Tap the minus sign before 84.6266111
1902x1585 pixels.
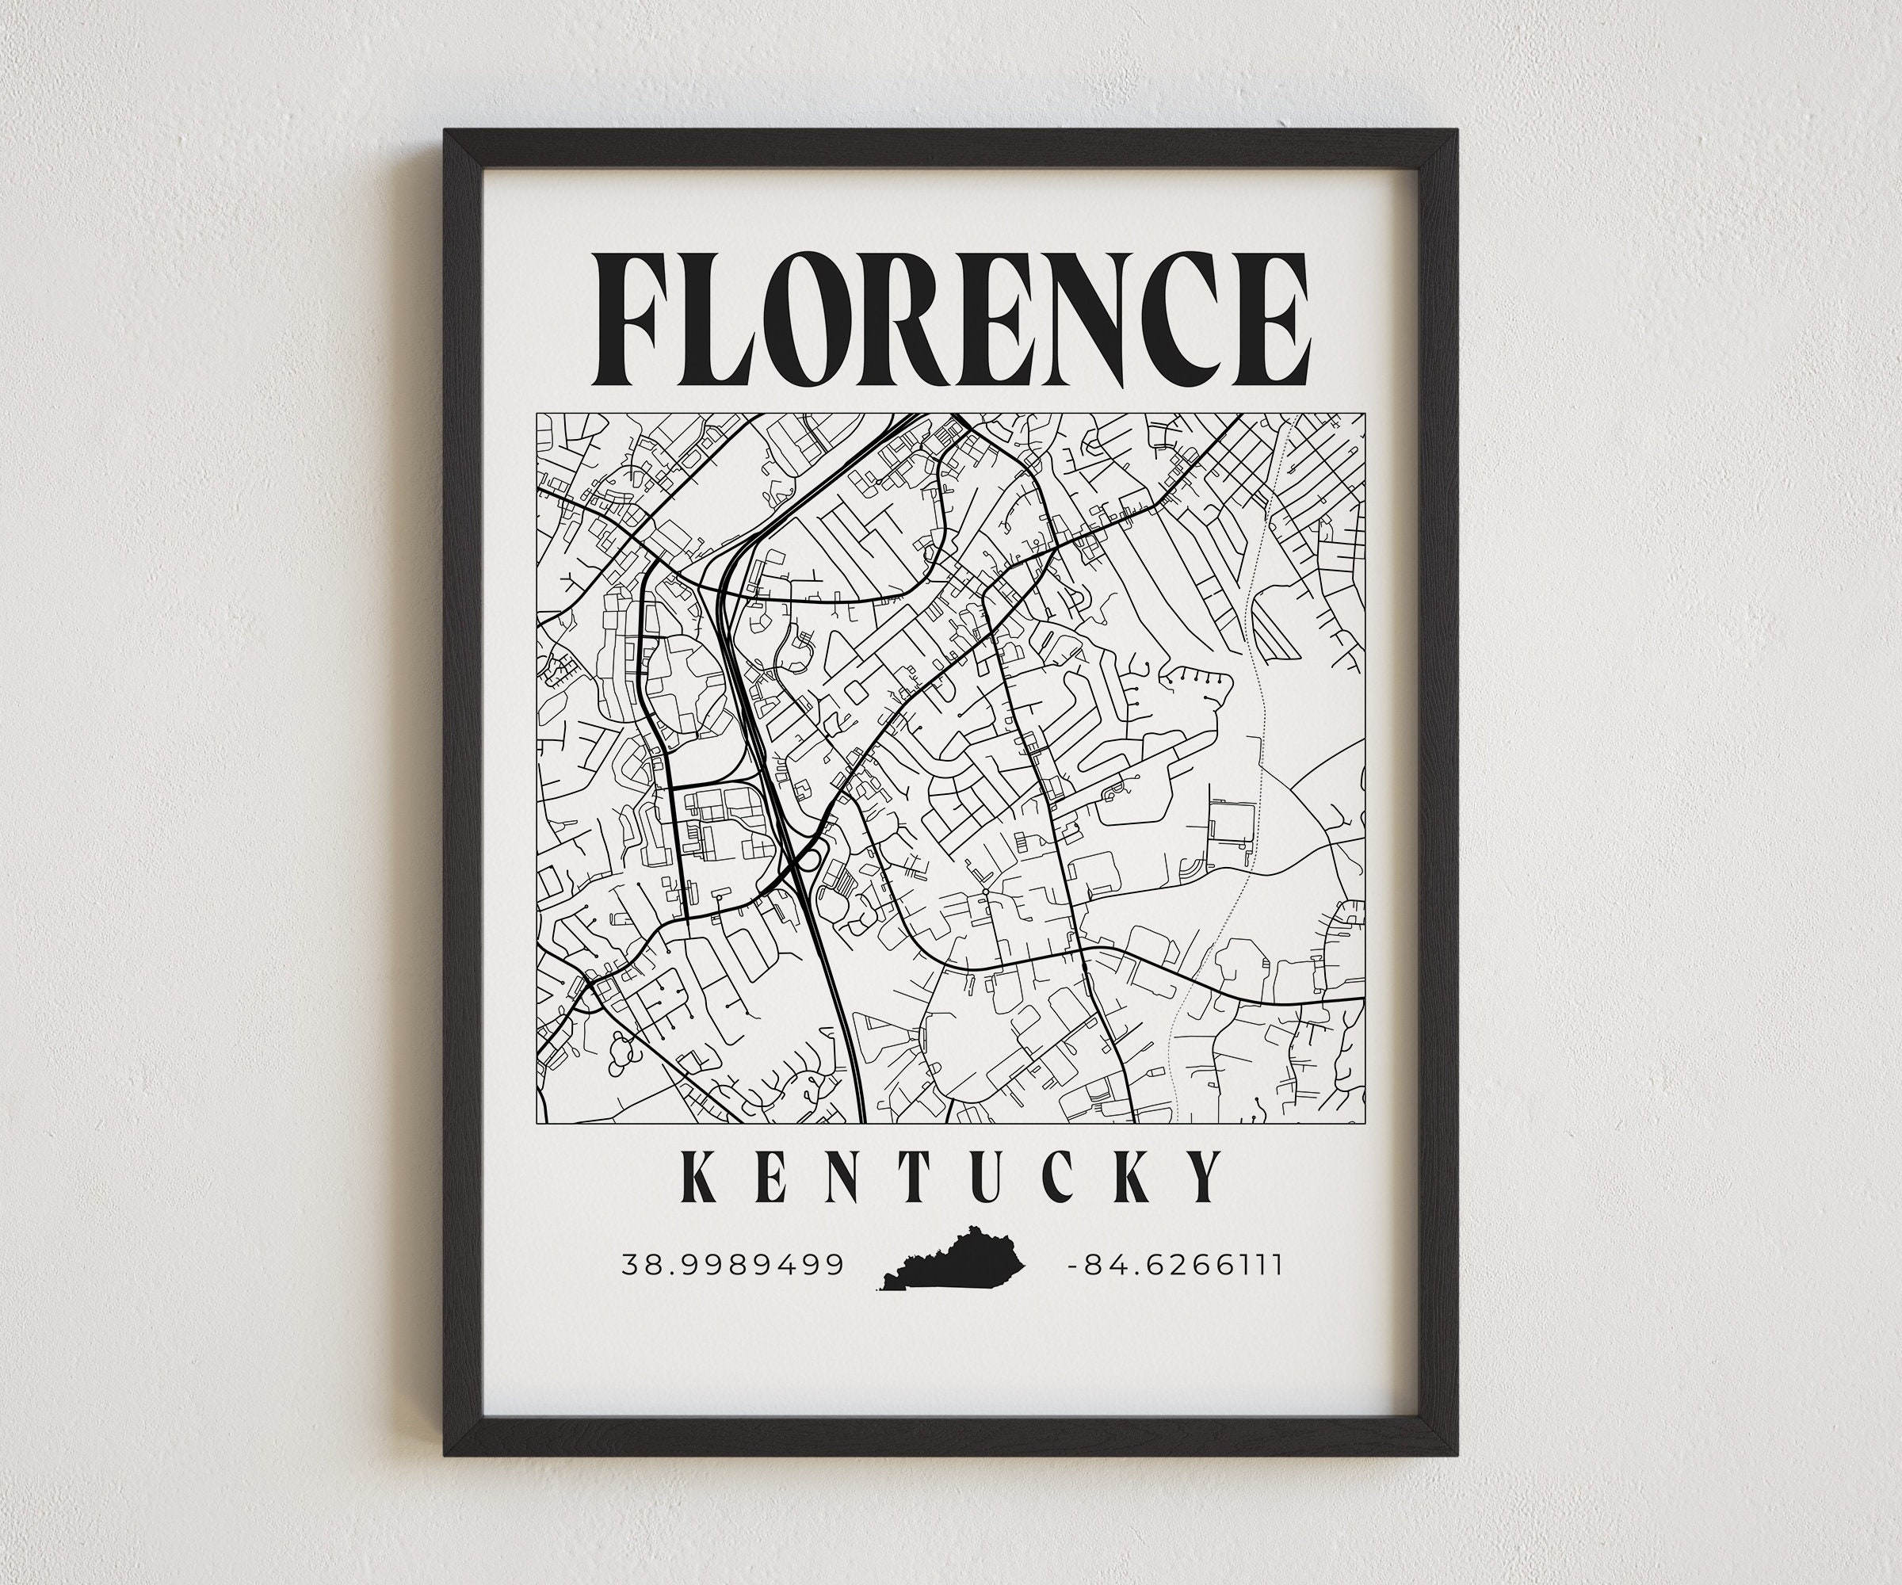(1073, 1266)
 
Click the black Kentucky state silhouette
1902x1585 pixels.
(956, 1259)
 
